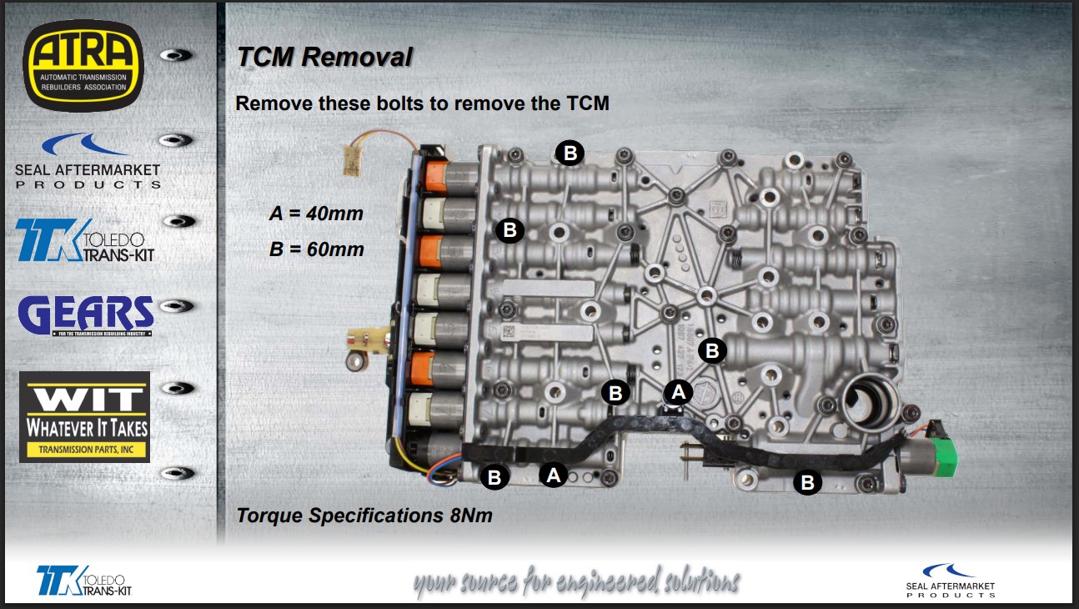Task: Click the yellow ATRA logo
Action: [x=83, y=64]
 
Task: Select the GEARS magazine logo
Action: [x=86, y=315]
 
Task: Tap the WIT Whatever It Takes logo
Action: [x=84, y=416]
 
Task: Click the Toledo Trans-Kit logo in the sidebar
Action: [x=85, y=240]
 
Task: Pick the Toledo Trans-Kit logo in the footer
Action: [x=84, y=580]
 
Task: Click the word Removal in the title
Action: [x=357, y=57]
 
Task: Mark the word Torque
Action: [x=268, y=516]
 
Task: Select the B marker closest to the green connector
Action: [x=806, y=482]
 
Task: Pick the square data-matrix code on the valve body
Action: [x=506, y=331]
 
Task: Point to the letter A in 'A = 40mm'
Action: [x=276, y=214]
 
